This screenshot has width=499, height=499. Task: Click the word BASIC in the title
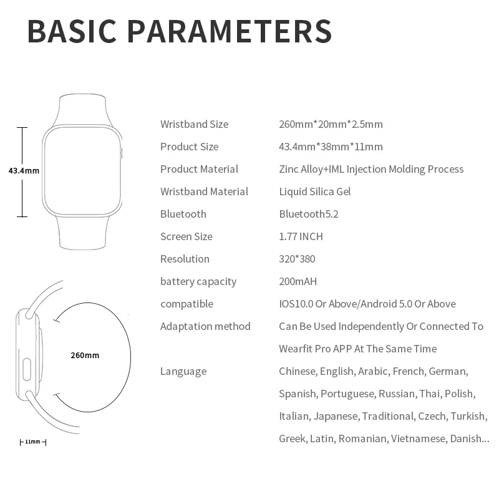click(x=72, y=31)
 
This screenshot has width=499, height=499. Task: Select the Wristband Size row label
click(x=194, y=124)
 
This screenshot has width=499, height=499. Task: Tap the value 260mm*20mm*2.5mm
click(x=331, y=124)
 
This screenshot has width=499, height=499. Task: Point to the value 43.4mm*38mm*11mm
click(x=331, y=147)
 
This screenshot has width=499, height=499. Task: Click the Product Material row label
click(x=199, y=169)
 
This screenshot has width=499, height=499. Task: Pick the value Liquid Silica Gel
click(x=314, y=191)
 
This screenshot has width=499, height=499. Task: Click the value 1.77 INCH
click(x=301, y=236)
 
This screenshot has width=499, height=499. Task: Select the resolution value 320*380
click(x=298, y=259)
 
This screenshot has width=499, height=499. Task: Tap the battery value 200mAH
click(x=298, y=281)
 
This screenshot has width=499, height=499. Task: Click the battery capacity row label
click(x=198, y=281)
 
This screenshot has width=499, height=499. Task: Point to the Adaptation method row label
click(x=205, y=326)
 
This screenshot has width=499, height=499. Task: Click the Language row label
click(x=183, y=371)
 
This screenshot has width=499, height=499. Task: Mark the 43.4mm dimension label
click(x=24, y=170)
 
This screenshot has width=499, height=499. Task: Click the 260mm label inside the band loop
click(x=85, y=356)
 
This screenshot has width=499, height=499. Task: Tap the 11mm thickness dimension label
click(x=32, y=442)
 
